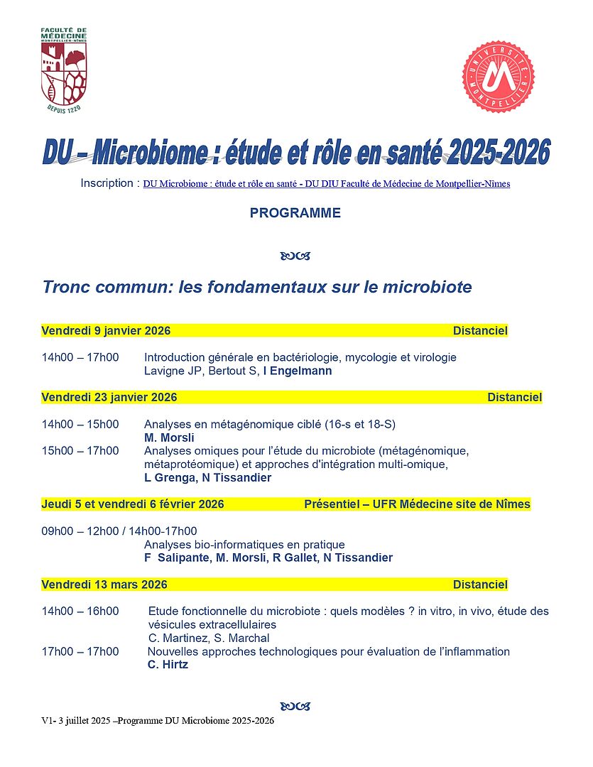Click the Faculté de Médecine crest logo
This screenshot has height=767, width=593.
(64, 71)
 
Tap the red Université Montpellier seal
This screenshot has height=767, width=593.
(499, 77)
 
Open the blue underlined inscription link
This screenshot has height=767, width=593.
(326, 184)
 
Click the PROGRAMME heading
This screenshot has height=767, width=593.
(295, 213)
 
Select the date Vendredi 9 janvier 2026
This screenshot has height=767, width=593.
(106, 331)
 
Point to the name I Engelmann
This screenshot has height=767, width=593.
(298, 371)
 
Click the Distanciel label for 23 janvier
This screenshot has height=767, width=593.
(514, 398)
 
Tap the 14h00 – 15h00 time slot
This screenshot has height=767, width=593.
(80, 425)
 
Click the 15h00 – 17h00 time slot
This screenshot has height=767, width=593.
(80, 451)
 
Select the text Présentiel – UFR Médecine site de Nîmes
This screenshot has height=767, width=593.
(417, 504)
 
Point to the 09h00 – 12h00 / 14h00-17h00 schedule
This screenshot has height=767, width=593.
(119, 531)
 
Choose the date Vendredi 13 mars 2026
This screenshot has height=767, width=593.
(104, 585)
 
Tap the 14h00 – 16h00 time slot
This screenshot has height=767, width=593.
(80, 611)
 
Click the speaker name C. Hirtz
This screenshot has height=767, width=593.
(168, 665)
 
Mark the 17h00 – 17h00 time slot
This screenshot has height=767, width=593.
(80, 652)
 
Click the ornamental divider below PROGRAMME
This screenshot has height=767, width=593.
(295, 256)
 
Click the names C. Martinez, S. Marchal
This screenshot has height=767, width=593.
(209, 638)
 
